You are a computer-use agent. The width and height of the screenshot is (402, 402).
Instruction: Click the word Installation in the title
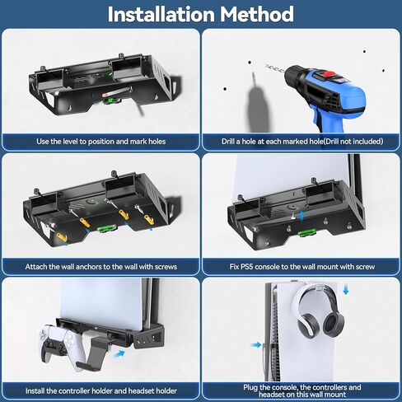click(x=158, y=15)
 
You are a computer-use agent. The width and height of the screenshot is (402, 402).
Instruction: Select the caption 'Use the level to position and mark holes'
click(x=100, y=142)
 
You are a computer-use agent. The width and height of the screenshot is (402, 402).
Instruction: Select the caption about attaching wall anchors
click(x=100, y=267)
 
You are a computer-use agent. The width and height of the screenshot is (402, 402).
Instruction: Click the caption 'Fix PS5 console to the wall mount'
click(x=301, y=267)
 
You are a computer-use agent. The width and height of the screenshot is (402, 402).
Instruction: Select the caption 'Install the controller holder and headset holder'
click(x=100, y=391)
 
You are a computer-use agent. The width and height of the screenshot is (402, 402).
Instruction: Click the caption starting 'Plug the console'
click(x=301, y=390)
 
